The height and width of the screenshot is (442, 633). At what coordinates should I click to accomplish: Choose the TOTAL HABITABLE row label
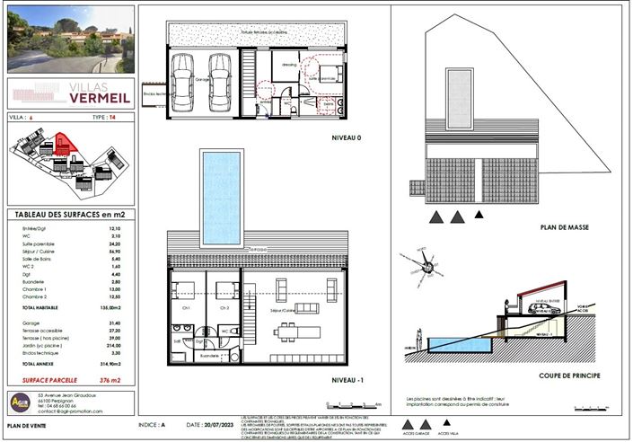click(x=41, y=308)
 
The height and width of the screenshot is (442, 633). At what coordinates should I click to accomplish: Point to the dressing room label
click(x=288, y=66)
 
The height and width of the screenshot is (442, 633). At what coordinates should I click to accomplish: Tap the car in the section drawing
click(x=540, y=307)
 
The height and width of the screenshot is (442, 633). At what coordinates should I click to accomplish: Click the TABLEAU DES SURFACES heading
click(x=69, y=214)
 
